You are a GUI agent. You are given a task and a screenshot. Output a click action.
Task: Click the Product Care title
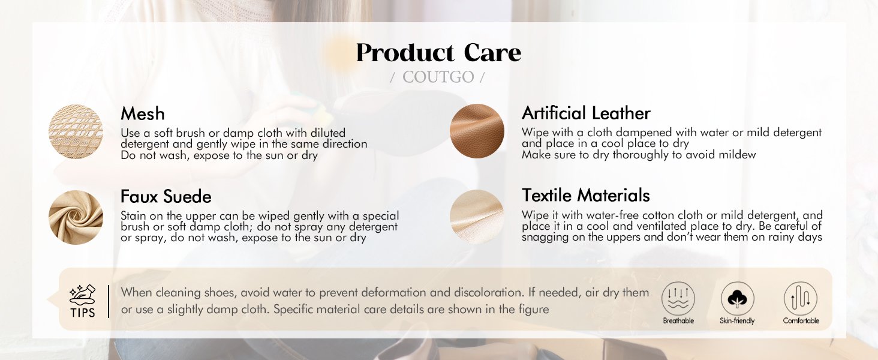click(438, 53)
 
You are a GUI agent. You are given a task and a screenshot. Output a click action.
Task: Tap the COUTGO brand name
click(438, 77)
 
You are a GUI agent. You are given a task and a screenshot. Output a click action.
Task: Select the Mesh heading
click(143, 114)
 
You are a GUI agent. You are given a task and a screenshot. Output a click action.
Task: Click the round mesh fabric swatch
click(76, 131)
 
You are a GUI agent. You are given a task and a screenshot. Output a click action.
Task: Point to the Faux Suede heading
click(166, 196)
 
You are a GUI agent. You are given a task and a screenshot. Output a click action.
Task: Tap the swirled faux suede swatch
click(76, 217)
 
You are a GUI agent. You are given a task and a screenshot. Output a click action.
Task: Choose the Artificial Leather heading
click(586, 113)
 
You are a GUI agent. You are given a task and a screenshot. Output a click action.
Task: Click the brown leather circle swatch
click(477, 131)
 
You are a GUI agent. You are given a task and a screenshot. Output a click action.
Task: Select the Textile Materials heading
click(585, 195)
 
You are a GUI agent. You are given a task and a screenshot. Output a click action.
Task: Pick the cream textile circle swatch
click(477, 217)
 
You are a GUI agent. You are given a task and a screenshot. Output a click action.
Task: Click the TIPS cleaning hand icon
click(82, 295)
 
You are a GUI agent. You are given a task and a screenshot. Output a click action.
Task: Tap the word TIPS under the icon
click(83, 313)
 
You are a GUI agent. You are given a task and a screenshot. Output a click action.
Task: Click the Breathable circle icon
click(678, 298)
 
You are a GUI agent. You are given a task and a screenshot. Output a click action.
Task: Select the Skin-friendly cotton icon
click(737, 298)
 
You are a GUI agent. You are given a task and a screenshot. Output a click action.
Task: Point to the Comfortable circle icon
click(801, 298)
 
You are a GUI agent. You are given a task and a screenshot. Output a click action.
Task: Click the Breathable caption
click(678, 321)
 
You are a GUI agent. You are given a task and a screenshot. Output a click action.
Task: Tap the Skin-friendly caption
click(737, 321)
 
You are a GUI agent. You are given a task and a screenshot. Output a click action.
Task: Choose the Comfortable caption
click(801, 321)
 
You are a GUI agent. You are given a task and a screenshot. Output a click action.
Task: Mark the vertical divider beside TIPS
click(109, 301)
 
